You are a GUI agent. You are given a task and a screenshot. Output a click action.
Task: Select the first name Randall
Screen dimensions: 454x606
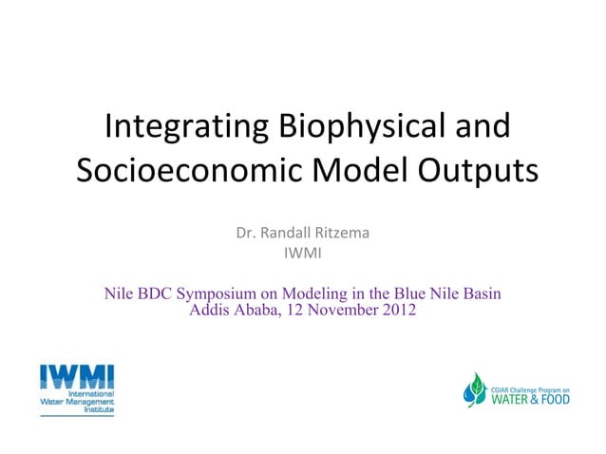[x=288, y=234]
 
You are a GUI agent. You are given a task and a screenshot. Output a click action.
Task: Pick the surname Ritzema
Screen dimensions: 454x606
[x=343, y=234]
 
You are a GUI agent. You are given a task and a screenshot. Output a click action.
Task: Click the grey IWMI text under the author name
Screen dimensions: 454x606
[x=302, y=253]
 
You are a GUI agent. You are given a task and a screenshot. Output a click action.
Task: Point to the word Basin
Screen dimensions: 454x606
[x=480, y=293]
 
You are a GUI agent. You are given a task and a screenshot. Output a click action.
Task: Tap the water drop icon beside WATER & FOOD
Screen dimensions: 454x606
[x=475, y=389]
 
